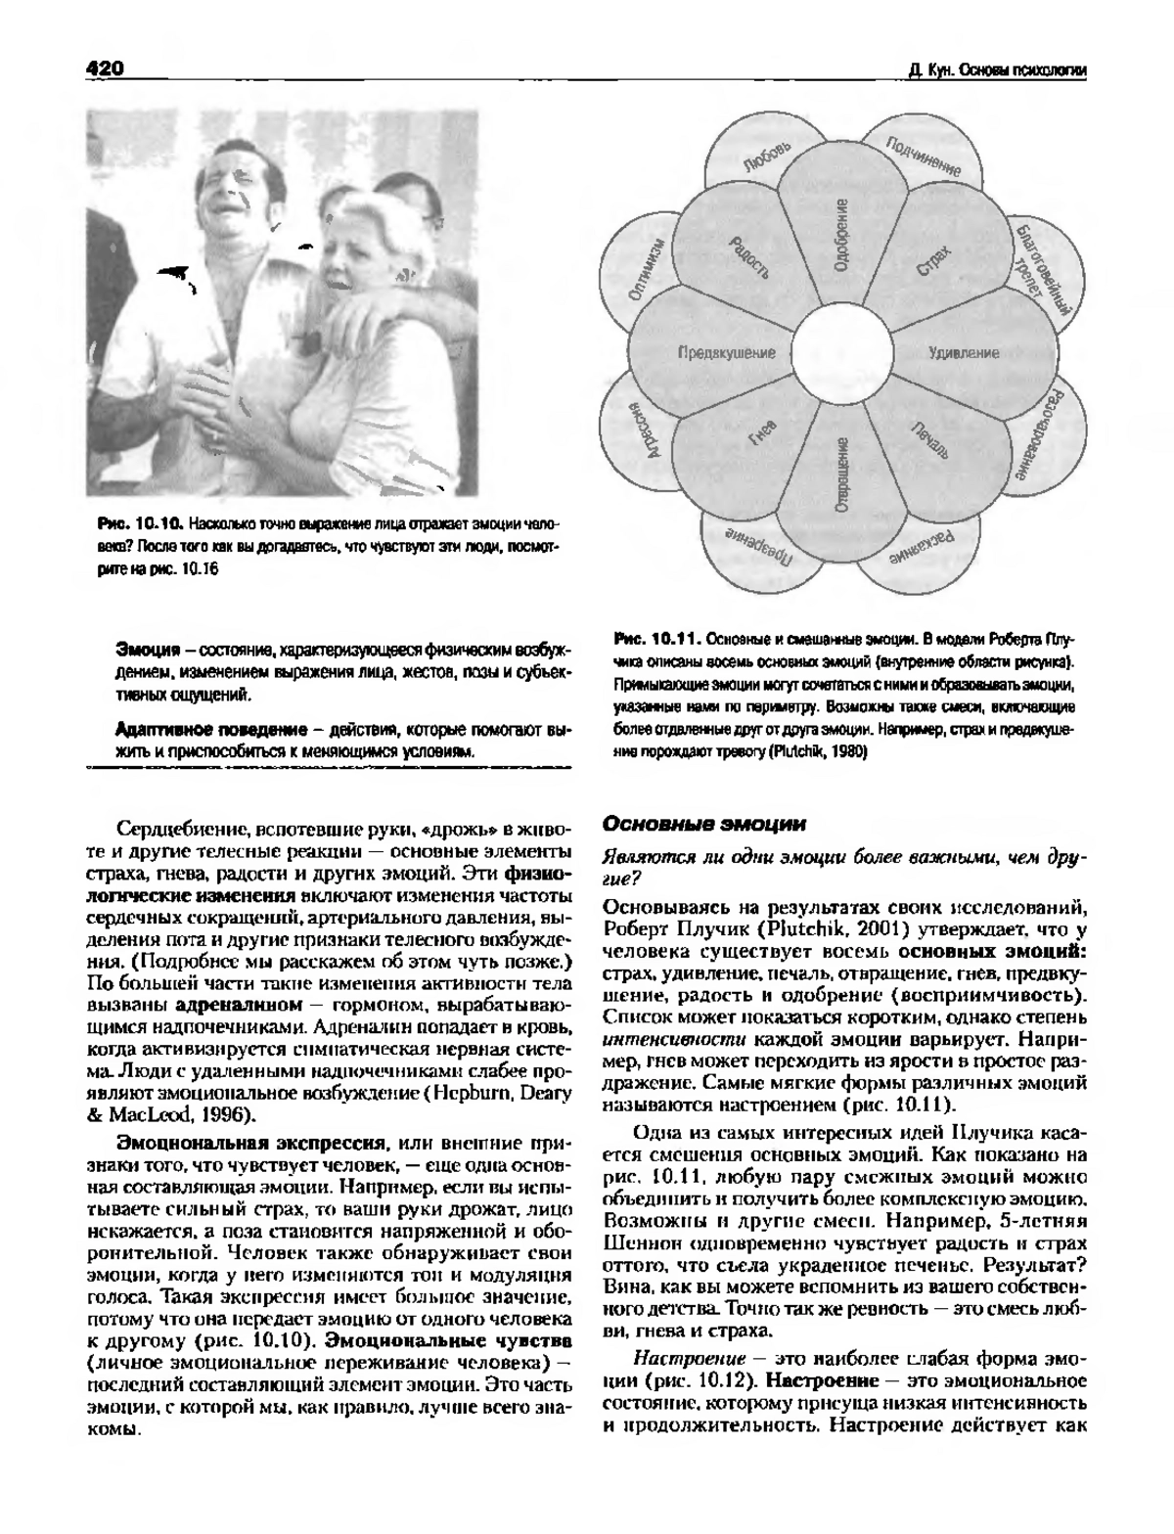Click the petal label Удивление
[x=964, y=353]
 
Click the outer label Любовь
[x=767, y=157]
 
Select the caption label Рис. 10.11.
[x=655, y=640]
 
